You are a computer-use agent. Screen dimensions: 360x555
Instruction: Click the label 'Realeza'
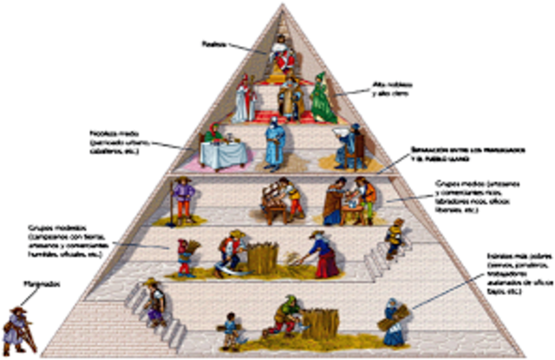point(212,42)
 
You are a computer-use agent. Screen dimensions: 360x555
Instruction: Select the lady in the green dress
point(323,100)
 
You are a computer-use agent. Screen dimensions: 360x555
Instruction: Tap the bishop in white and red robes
point(245,99)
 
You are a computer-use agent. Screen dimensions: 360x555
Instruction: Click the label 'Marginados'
point(31,283)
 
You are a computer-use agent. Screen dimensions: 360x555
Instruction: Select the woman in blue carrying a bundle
point(392,320)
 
